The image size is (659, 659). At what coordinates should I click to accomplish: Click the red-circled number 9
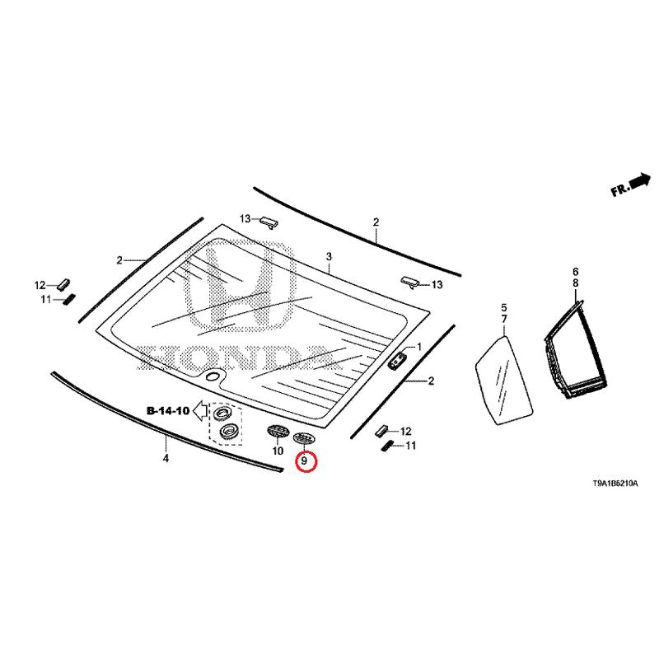(305, 461)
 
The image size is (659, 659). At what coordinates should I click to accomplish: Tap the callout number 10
(277, 451)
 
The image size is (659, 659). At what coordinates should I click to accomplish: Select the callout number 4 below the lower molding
(166, 458)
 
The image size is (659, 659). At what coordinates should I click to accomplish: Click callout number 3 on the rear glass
(329, 258)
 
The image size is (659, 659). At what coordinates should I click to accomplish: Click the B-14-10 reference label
(169, 410)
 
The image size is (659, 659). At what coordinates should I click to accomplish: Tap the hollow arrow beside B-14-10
(199, 414)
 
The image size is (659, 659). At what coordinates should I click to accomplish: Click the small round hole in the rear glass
(213, 376)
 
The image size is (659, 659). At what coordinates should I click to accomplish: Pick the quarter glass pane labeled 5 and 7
(504, 376)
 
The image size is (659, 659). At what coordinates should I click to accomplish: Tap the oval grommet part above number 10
(276, 431)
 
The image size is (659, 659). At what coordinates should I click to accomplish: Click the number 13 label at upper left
(245, 218)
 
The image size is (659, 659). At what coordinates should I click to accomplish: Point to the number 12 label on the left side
(40, 285)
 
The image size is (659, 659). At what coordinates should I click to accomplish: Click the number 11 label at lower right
(410, 446)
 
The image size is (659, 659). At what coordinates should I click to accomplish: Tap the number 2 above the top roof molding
(376, 222)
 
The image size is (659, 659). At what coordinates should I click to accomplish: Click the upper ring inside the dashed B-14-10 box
(223, 412)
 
